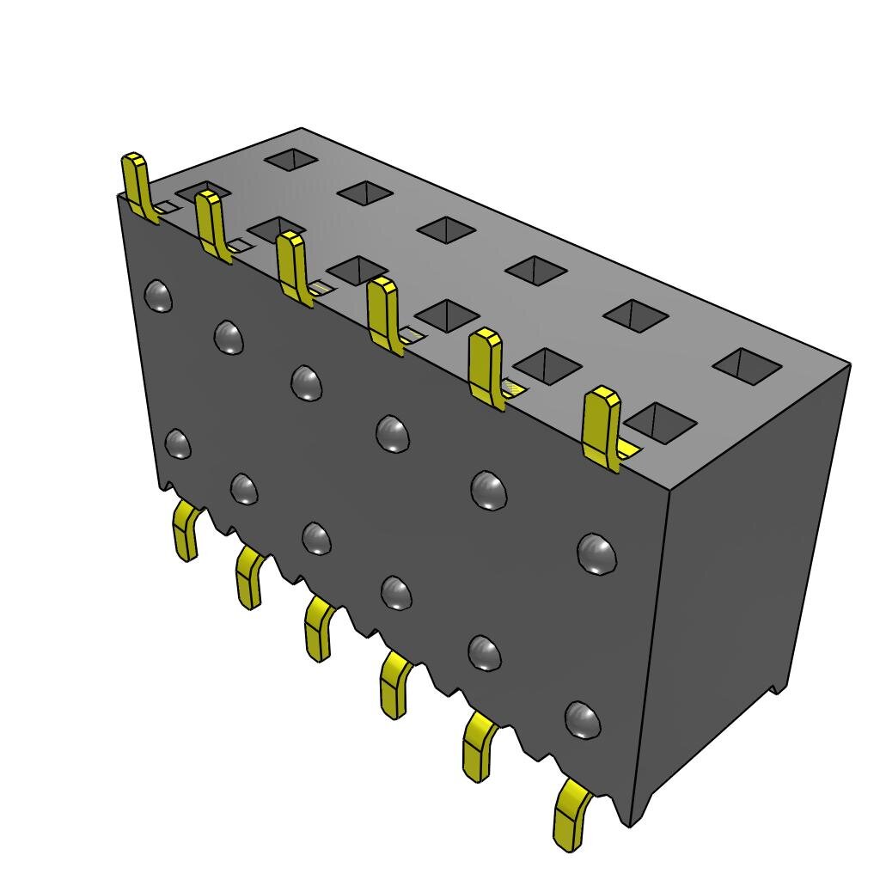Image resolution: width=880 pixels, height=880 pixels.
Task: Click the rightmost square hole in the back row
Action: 747,365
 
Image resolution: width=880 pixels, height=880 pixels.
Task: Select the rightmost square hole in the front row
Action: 659,422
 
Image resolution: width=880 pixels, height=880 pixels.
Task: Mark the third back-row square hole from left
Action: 446,229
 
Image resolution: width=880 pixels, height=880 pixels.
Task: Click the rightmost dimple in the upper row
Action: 596,553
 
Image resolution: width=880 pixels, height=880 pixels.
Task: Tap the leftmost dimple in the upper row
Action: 158,296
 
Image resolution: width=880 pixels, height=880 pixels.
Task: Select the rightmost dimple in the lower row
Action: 583,719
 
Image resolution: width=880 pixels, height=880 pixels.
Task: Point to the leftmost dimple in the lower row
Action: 178,443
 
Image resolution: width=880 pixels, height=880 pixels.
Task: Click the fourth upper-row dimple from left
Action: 393,433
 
